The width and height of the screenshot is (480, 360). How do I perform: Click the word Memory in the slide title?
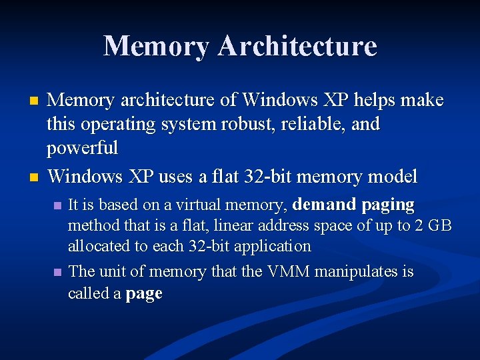[156, 46]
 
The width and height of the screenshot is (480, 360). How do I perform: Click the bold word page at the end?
[143, 293]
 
